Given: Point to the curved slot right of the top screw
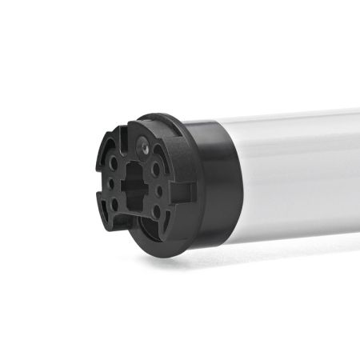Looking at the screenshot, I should [170, 154].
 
